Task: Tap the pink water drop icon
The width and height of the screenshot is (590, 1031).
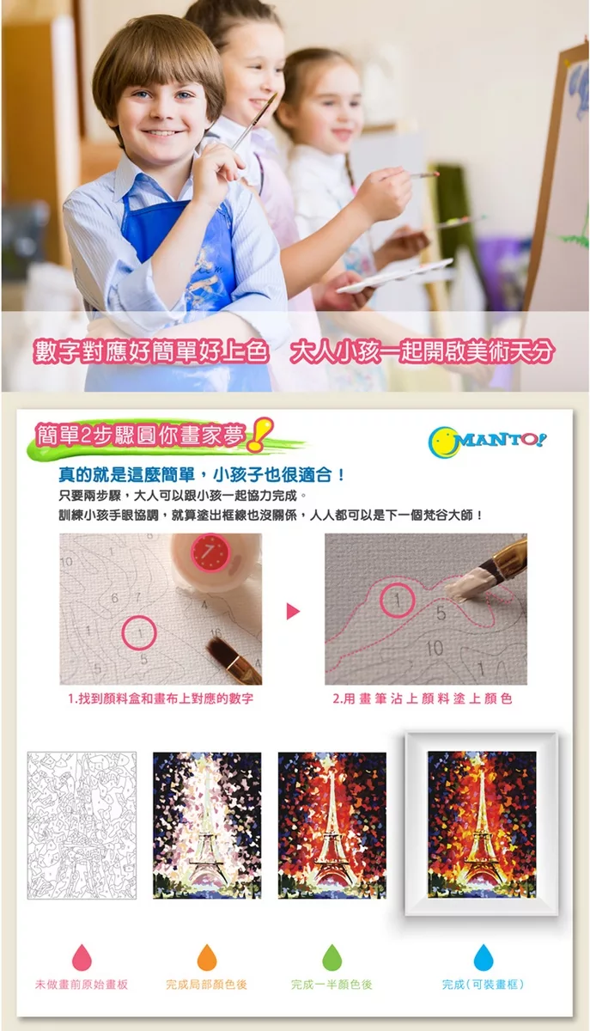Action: [x=82, y=956]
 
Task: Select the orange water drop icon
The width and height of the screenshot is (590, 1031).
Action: [x=207, y=956]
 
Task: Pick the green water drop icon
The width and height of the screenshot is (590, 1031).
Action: [x=331, y=956]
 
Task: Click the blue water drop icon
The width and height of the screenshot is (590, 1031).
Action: [x=484, y=956]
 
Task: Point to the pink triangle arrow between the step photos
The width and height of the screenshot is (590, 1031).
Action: [x=293, y=611]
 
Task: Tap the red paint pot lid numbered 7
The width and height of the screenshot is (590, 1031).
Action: [x=210, y=552]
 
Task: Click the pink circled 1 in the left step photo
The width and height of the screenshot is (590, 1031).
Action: [x=139, y=634]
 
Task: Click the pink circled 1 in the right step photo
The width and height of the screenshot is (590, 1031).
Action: [x=397, y=600]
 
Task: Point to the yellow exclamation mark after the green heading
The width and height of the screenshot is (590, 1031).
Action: [x=259, y=434]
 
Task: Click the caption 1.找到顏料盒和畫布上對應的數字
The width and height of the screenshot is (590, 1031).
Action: [x=161, y=699]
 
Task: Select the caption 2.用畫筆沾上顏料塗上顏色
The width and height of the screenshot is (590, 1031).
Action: [x=423, y=699]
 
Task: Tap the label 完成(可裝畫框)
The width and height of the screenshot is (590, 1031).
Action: [x=483, y=985]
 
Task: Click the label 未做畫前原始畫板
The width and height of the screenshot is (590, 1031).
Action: [x=82, y=985]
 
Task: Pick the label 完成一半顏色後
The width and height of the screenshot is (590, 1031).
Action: [x=331, y=985]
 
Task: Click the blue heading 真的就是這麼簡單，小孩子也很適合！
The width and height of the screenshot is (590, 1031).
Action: [x=202, y=474]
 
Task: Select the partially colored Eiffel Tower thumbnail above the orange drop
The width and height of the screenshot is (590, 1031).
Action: [x=207, y=826]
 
